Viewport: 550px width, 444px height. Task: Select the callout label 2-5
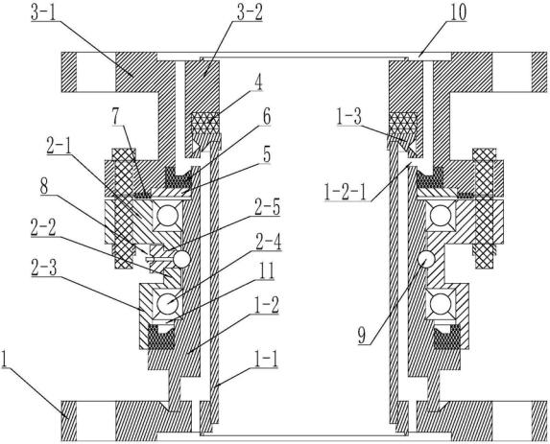(x=267, y=208)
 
